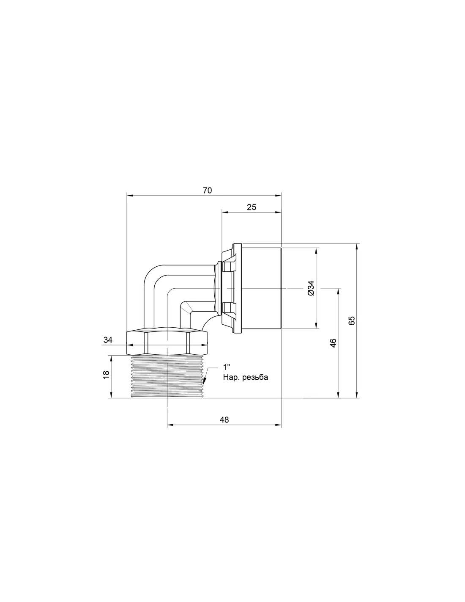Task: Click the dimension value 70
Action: (207, 191)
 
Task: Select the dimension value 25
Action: (252, 207)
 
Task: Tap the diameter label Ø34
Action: (311, 288)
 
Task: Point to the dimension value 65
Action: (351, 321)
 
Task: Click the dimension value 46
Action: (334, 343)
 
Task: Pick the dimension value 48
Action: (224, 420)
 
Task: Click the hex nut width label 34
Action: (108, 340)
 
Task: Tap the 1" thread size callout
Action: (227, 367)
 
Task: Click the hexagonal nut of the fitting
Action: (167, 342)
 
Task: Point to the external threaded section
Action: (167, 377)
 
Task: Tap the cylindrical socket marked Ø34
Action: (261, 288)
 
